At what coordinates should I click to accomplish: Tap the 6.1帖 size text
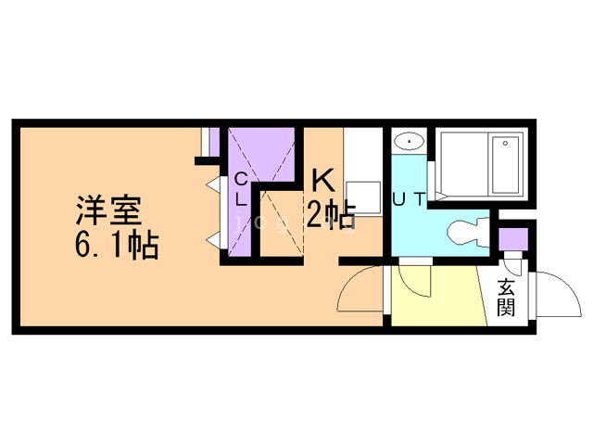[x=116, y=246]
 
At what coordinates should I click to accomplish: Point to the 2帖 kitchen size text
[x=331, y=216]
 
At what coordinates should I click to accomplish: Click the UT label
[x=409, y=197]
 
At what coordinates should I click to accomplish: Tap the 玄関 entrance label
[x=505, y=297]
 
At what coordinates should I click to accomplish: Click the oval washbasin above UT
[x=408, y=141]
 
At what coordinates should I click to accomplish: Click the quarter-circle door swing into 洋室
[x=359, y=291]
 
